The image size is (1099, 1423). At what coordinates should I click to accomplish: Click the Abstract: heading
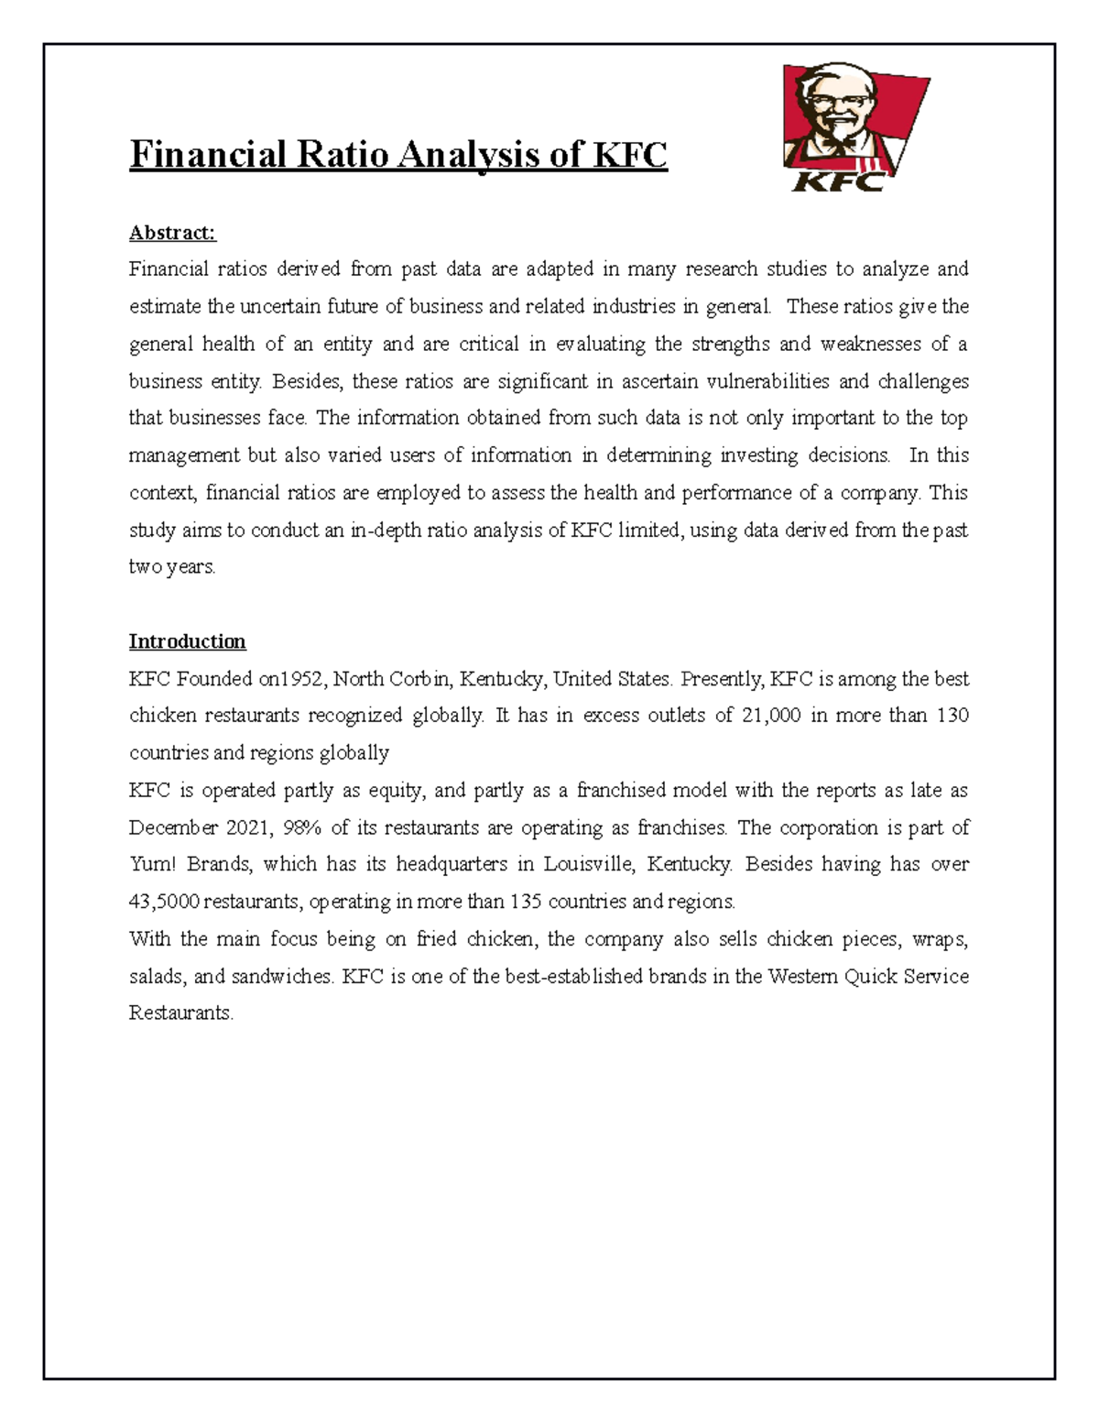point(172,233)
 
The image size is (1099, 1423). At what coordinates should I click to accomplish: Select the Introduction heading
point(187,641)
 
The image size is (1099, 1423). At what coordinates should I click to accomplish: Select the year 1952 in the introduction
point(303,679)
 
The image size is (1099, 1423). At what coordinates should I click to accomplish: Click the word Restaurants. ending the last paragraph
point(180,1013)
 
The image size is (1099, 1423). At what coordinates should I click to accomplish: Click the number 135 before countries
point(526,902)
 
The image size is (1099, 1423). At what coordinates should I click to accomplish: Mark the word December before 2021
point(173,827)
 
